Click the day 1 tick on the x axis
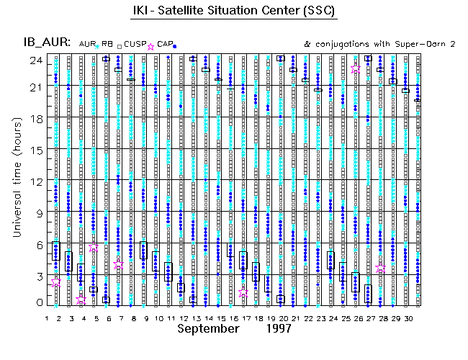(47, 318)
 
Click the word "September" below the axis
(208, 329)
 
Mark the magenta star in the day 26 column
(356, 69)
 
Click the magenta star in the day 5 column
(94, 247)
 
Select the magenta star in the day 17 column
(243, 293)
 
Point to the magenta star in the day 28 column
(381, 269)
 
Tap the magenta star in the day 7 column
(119, 265)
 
